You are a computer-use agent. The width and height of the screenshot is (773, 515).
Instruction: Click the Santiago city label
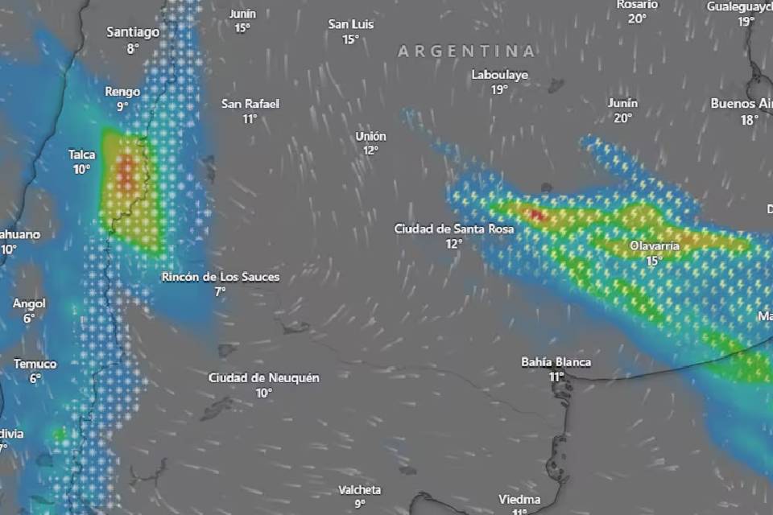[133, 32]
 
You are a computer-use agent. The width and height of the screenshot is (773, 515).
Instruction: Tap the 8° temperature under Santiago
[133, 48]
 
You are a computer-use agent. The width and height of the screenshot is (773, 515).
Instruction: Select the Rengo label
[122, 92]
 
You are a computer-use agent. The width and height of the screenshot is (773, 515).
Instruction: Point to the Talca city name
[81, 154]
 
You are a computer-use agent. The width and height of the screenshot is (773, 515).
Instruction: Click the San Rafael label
[250, 104]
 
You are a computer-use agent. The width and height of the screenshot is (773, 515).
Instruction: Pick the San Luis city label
[350, 24]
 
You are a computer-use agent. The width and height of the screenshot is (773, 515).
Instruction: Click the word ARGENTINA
[466, 51]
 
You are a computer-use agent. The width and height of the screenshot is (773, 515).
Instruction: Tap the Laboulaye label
[500, 75]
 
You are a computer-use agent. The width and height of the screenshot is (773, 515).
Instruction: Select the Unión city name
[370, 136]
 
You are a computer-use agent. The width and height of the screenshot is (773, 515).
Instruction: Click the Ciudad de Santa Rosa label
[453, 229]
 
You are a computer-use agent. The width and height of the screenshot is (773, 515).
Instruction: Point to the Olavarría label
[654, 245]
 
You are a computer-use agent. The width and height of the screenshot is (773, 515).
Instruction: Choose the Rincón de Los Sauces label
[221, 277]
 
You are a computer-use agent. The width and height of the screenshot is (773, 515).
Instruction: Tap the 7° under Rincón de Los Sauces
[220, 291]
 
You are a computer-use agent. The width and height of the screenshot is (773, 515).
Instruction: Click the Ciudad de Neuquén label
[264, 377]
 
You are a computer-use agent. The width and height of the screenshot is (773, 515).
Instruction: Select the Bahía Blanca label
[556, 361]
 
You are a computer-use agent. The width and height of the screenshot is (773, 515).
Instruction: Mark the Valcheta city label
[359, 489]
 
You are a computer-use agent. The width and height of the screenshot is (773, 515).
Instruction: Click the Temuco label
[35, 364]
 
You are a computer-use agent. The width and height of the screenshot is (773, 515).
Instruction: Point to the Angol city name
[29, 303]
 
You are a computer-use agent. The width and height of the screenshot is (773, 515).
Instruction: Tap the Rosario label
[638, 5]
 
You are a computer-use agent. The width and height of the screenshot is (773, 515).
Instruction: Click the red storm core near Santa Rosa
[535, 215]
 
